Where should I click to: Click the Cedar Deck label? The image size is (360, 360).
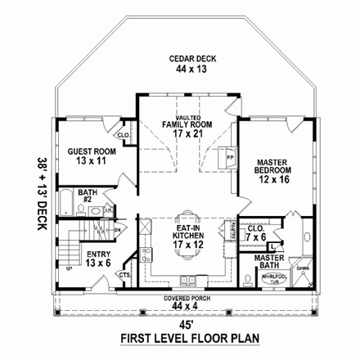point(181,59)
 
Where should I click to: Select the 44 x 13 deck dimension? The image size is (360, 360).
point(181,70)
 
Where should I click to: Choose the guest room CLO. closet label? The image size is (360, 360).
point(124,135)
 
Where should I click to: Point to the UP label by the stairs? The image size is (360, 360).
point(68,268)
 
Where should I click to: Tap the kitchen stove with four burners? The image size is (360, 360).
point(145,252)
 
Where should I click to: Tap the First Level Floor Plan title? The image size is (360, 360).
point(181,336)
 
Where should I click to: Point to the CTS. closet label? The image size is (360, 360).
point(124,276)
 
